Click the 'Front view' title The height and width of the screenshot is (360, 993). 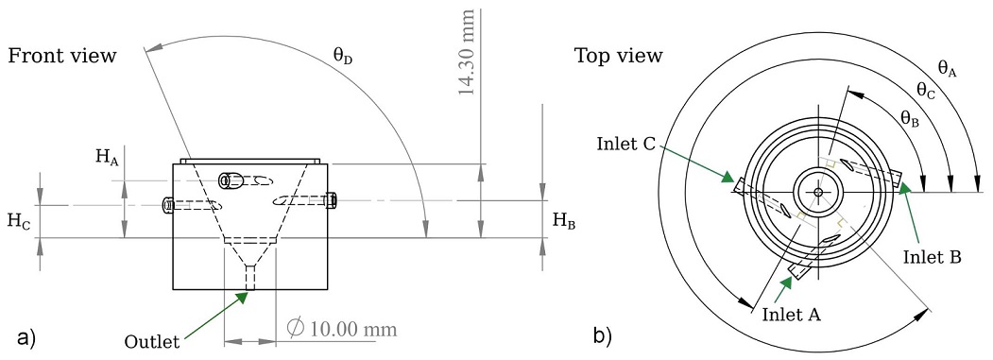61,56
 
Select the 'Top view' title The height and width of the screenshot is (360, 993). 619,56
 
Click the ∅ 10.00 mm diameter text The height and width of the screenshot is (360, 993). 340,328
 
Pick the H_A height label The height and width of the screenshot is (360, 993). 106,158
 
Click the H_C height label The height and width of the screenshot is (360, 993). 18,221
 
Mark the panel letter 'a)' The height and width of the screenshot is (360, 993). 26,336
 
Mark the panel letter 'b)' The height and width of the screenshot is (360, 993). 602,334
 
